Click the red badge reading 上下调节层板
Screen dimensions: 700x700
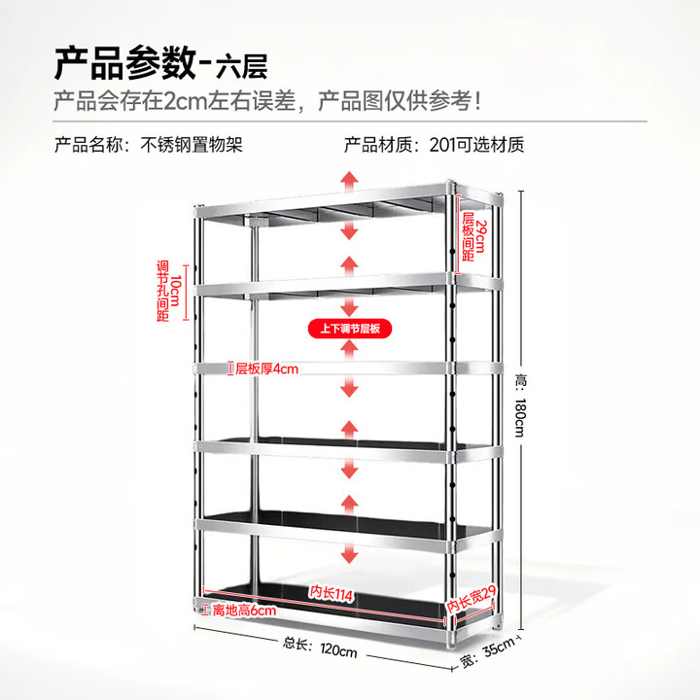(x=350, y=329)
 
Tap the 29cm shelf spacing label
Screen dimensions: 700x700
(x=473, y=236)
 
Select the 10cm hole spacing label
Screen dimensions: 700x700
(x=169, y=292)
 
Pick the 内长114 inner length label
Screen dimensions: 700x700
(x=331, y=593)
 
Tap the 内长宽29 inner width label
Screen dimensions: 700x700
(x=472, y=599)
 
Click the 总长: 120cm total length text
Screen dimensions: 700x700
(x=320, y=647)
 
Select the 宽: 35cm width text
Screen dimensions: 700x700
(x=487, y=652)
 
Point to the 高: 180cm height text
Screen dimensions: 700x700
(x=521, y=406)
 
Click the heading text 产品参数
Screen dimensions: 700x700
(x=125, y=63)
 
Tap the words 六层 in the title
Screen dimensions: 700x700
(x=241, y=66)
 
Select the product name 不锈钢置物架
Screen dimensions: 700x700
(x=192, y=145)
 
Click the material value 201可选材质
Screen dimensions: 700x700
(x=476, y=145)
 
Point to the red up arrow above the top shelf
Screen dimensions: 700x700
(x=349, y=181)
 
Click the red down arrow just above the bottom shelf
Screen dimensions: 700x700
(x=349, y=552)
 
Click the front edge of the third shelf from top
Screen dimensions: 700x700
(x=322, y=368)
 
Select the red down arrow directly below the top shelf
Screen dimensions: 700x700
(x=349, y=229)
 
